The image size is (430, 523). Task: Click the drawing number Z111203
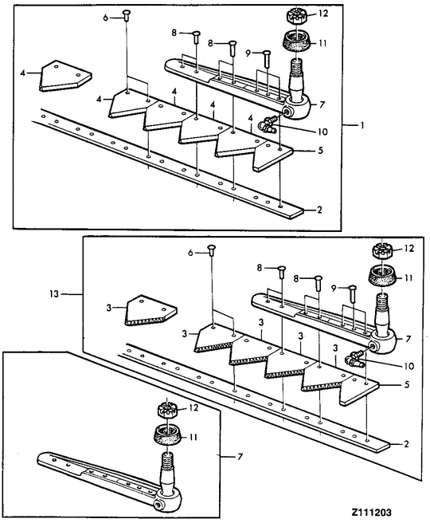(x=371, y=513)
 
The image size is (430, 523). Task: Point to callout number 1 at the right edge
(x=362, y=125)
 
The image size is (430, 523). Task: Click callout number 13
(x=54, y=294)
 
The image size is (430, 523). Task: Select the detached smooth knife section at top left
(x=65, y=76)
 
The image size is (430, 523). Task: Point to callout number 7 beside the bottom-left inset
(x=240, y=456)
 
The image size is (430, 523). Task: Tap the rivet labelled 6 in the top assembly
(x=127, y=16)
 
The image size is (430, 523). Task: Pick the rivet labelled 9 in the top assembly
(x=267, y=58)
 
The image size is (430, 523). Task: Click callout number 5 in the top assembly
(x=320, y=150)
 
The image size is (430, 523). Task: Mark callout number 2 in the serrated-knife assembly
(x=406, y=444)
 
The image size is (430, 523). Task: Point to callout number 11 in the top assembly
(x=322, y=43)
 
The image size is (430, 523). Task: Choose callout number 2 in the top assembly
(x=319, y=210)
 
